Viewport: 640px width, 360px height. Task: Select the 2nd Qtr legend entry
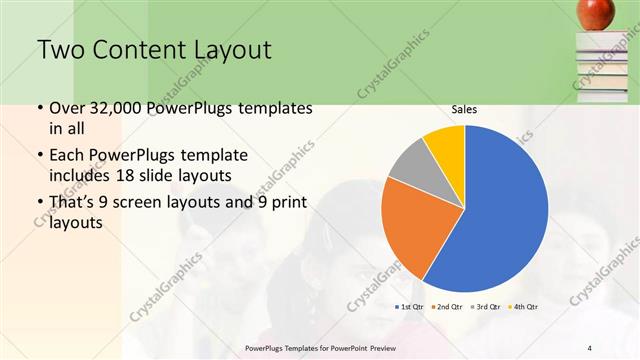click(x=448, y=306)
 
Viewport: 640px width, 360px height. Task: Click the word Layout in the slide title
click(x=226, y=49)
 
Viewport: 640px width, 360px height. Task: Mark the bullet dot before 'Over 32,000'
click(x=39, y=108)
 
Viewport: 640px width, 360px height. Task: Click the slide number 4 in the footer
click(x=589, y=347)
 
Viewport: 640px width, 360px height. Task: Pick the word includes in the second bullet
click(x=82, y=174)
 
